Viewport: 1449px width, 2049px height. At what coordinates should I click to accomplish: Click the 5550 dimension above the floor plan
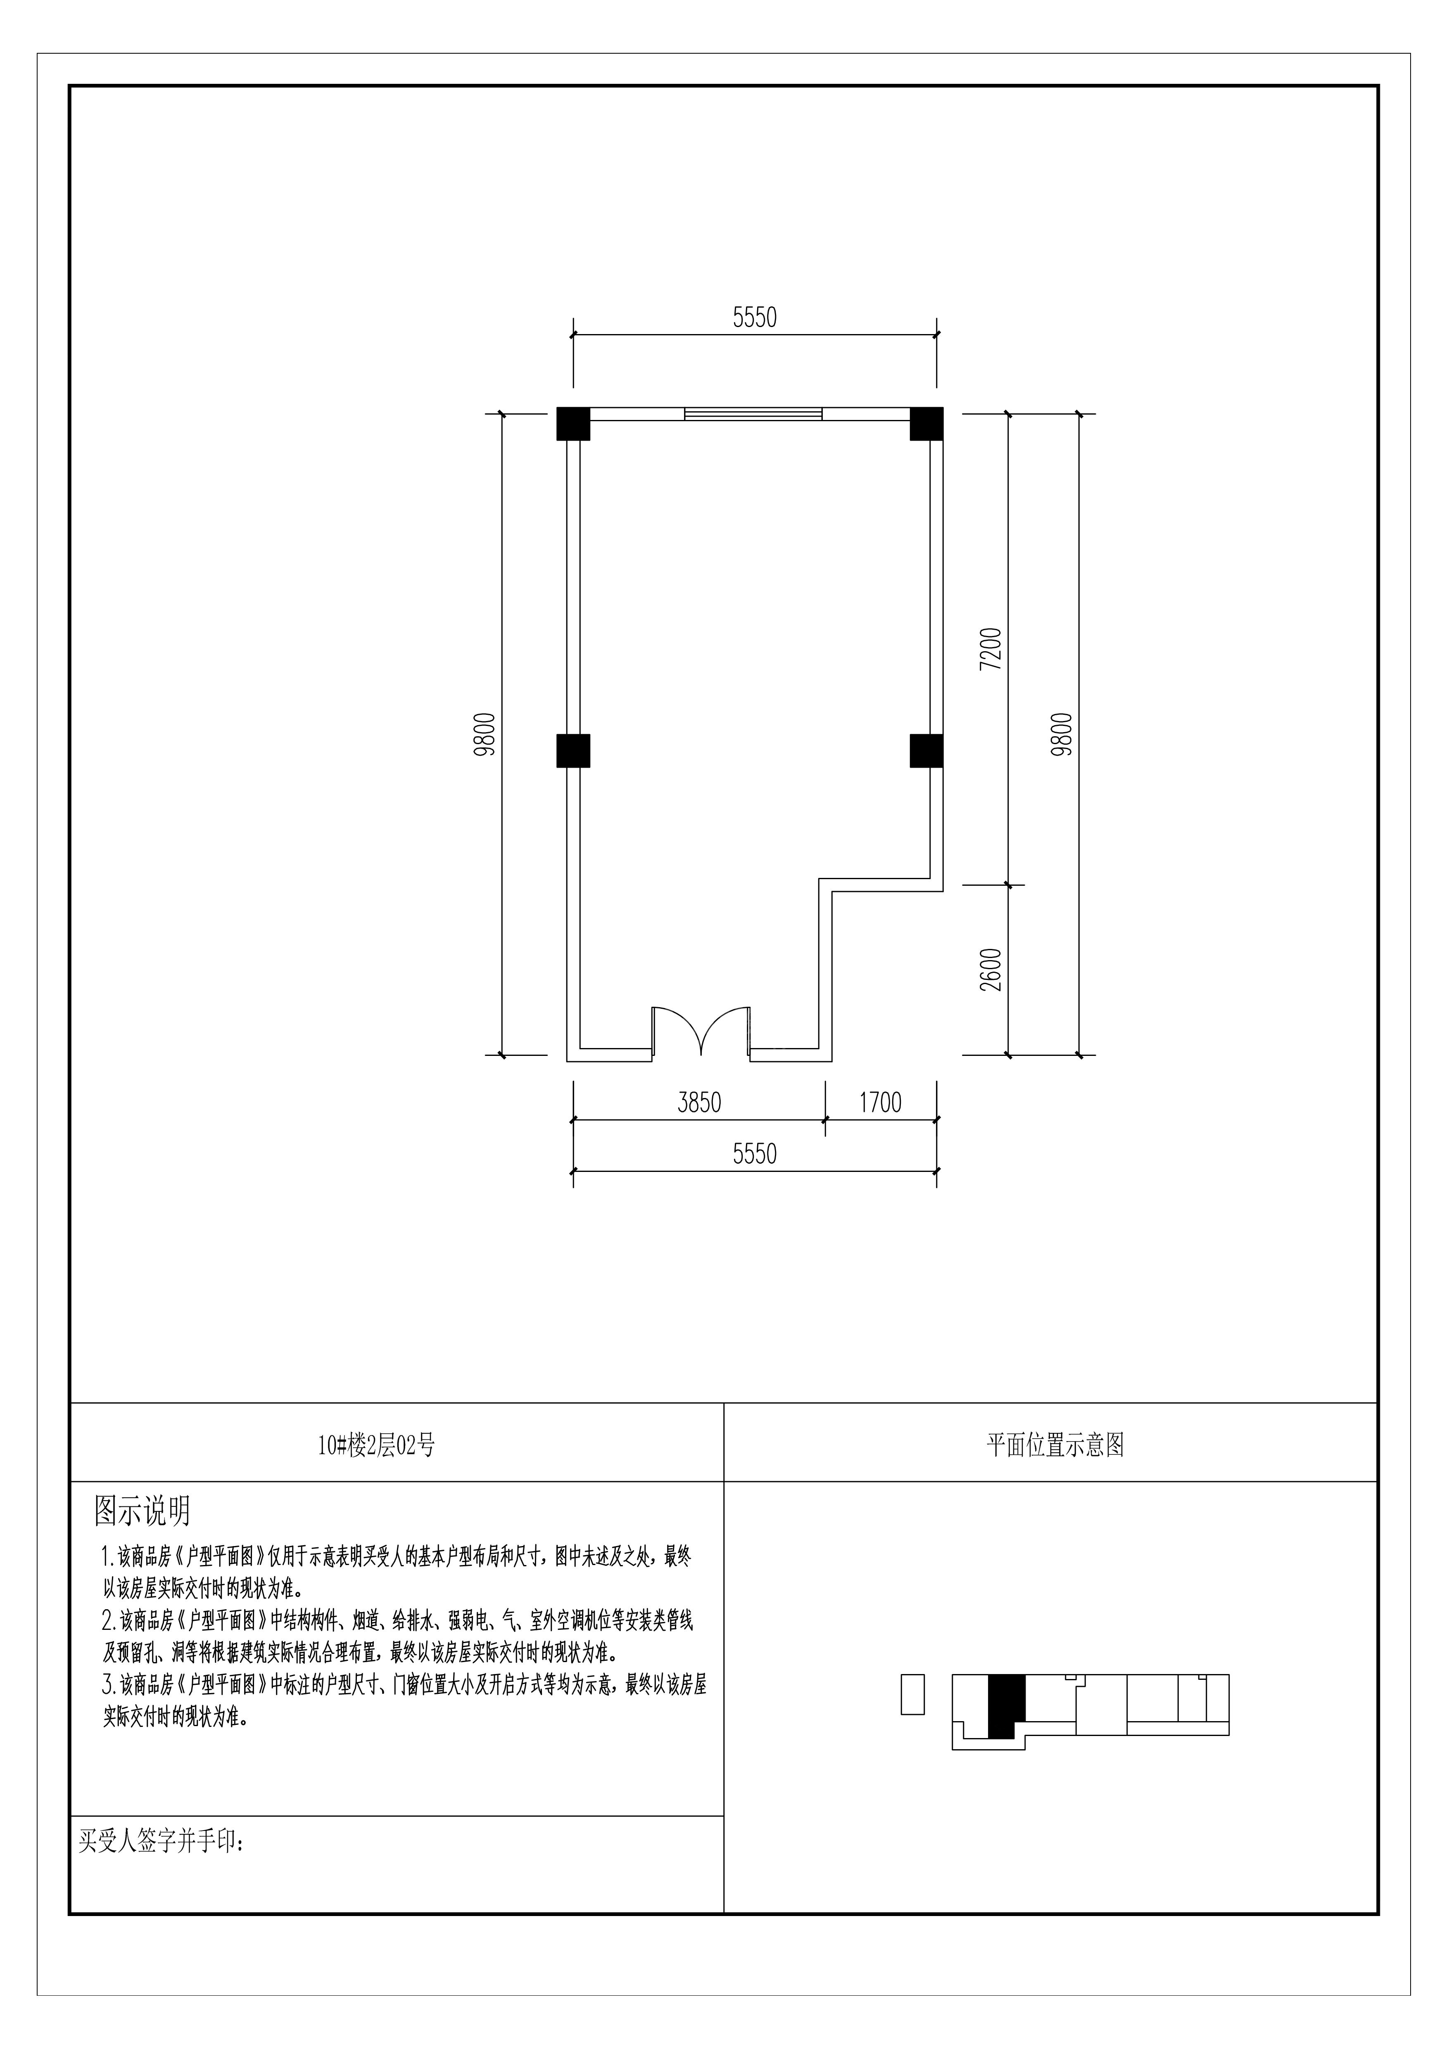click(754, 318)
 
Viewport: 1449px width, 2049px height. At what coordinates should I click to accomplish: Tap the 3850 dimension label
click(699, 1103)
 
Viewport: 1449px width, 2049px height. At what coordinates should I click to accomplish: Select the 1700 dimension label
click(880, 1103)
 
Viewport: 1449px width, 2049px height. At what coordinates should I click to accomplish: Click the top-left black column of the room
click(573, 424)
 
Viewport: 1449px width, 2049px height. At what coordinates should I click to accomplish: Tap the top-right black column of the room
click(927, 424)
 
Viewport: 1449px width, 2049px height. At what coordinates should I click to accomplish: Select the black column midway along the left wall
click(573, 751)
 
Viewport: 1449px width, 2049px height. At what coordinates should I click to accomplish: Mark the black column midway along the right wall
click(927, 751)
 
